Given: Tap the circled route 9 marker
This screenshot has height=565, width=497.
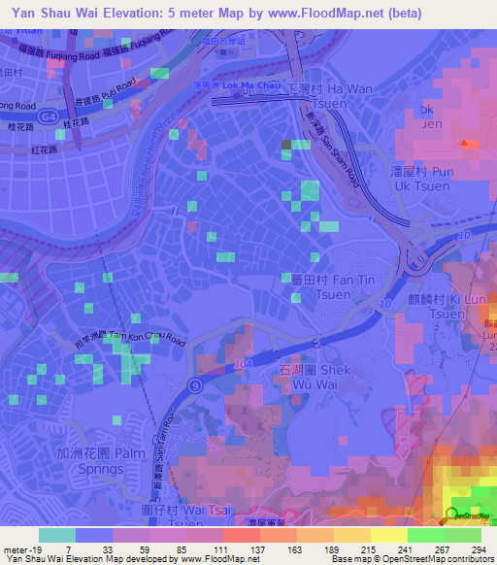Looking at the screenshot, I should pyautogui.click(x=195, y=386).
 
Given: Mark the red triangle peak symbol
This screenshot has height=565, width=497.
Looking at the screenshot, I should pyautogui.click(x=469, y=144).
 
